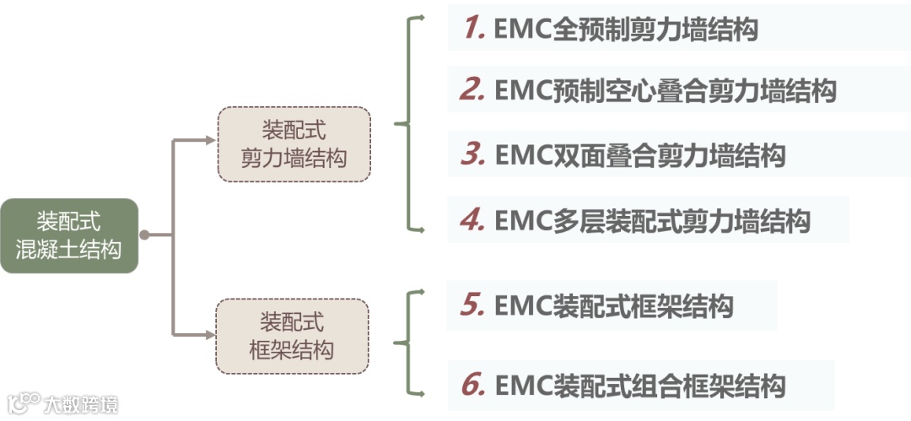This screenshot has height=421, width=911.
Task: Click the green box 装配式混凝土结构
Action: pos(68,235)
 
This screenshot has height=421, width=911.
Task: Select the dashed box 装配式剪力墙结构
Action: pos(294,144)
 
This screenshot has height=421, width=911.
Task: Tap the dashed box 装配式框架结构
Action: pos(292,336)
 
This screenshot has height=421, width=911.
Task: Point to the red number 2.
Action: pos(472,89)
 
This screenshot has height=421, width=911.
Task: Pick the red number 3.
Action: pos(472,155)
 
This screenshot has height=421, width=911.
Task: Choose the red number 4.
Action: pos(472,220)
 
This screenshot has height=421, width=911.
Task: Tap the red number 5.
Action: pos(472,305)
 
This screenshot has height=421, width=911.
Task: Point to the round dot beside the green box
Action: pos(144,235)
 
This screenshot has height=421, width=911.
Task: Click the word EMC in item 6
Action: pos(523,386)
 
